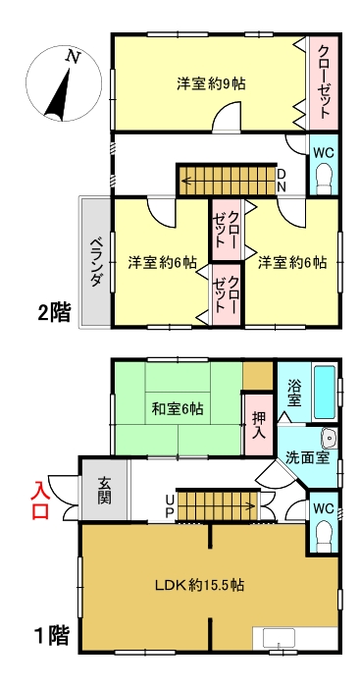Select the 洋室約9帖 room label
click(211, 83)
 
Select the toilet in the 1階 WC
click(325, 533)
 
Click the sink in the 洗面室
click(329, 439)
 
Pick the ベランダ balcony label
click(97, 262)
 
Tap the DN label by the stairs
click(281, 180)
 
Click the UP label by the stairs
click(170, 506)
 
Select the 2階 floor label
click(55, 313)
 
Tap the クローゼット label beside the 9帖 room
click(324, 80)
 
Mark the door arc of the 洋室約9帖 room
click(224, 120)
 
